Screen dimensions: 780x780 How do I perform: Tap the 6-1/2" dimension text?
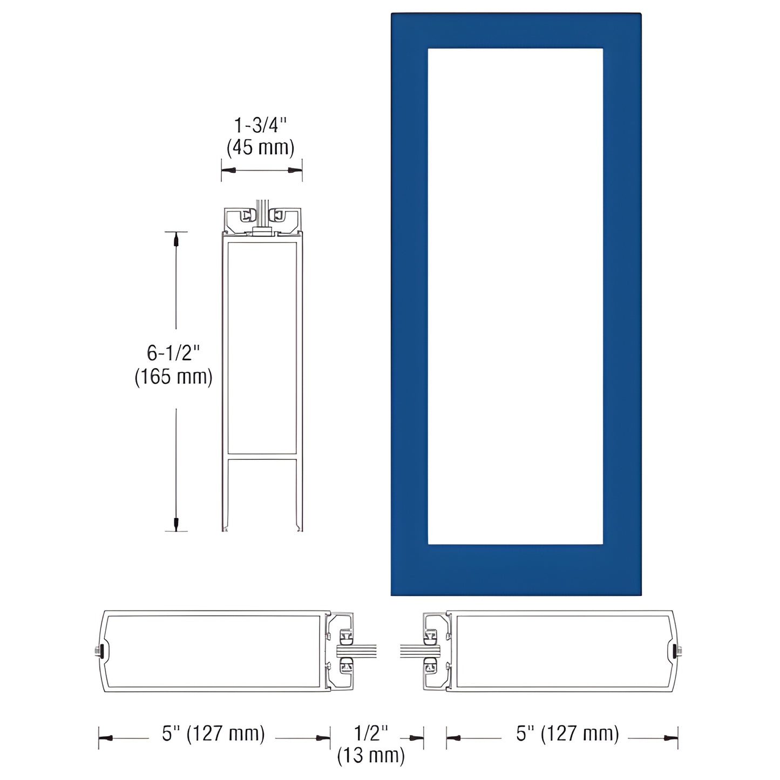coord(173,353)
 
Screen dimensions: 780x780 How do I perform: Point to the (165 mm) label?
coord(173,376)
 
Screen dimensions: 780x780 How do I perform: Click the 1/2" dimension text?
coord(371,733)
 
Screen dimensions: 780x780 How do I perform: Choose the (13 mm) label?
coord(371,756)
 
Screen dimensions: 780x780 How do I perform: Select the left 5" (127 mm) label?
coord(214,734)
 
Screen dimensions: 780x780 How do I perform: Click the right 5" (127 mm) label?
coord(568,734)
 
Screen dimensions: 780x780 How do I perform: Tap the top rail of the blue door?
coord(516,31)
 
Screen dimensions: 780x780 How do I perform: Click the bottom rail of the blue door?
coord(516,569)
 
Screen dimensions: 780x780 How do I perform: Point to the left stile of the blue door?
coord(409,302)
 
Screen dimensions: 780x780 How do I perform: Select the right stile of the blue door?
coord(622,302)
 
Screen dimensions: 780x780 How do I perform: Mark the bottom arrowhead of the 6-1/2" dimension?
coord(175,523)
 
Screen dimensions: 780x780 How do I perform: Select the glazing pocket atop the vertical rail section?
coord(262,217)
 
